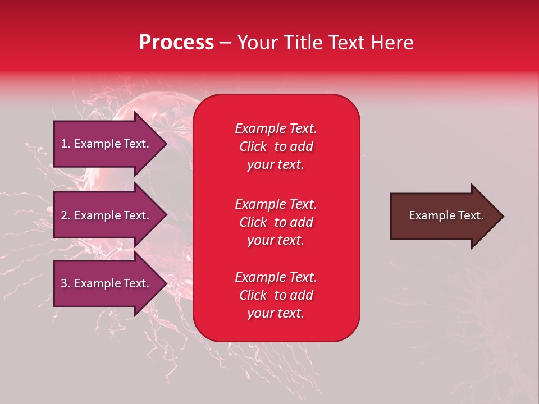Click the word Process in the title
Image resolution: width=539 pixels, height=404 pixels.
coord(176,43)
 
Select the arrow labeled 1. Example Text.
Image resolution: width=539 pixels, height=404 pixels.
coord(107,144)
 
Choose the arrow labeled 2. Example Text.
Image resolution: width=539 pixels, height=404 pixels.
coord(107,215)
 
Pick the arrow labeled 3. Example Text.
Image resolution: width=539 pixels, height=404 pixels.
coord(107,283)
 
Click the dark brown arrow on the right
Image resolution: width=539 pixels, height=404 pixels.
coord(444,216)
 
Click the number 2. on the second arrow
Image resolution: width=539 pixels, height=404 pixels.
coord(66,215)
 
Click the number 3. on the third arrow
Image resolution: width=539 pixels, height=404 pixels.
coord(66,283)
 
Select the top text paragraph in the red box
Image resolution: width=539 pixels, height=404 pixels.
coord(276,146)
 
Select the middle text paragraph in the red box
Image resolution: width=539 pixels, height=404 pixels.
coord(276,222)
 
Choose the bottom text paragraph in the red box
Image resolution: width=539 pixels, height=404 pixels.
coord(276,295)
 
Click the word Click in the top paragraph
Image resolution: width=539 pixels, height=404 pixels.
coord(253,146)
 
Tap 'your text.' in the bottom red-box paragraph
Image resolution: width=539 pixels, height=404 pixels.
coord(276,313)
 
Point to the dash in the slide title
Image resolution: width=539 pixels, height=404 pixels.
coord(225,43)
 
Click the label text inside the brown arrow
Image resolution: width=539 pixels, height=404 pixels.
coord(446,215)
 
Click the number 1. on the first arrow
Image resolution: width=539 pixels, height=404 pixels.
coord(66,144)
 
